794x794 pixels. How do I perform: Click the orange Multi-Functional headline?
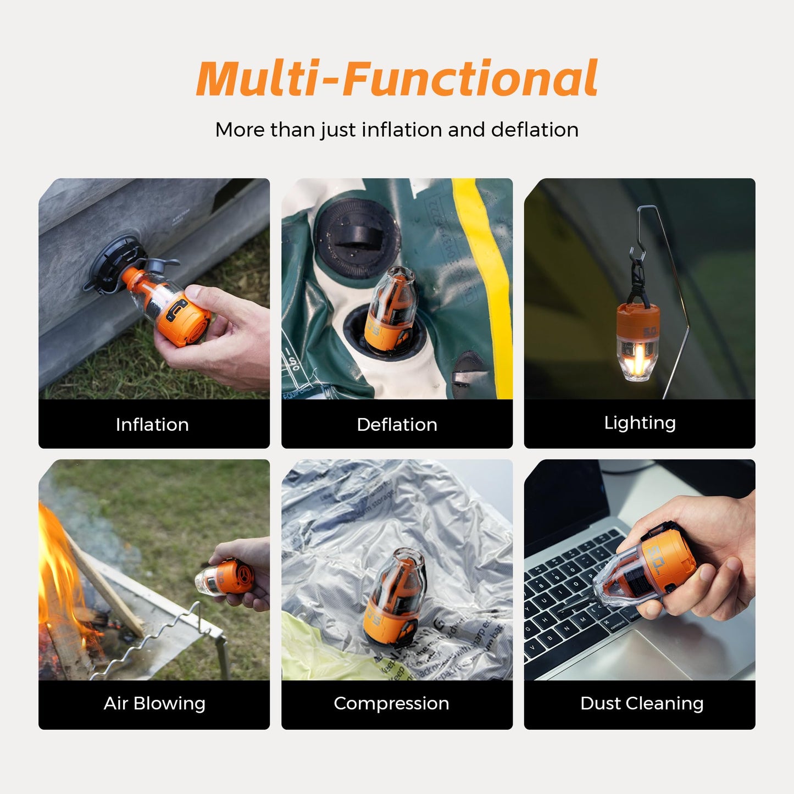pos(397,78)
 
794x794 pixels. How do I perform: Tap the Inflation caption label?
pos(152,424)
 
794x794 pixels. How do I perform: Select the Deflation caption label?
pos(397,424)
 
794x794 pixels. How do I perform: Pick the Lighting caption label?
pos(640,423)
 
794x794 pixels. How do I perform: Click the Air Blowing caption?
pos(154,703)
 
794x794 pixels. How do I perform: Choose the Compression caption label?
pos(391,703)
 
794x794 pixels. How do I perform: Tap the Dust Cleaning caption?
pos(642,703)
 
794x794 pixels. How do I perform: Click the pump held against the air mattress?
pos(170,305)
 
